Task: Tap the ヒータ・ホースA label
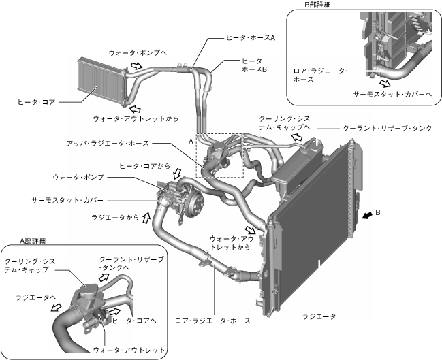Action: point(250,39)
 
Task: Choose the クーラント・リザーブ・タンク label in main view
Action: point(387,127)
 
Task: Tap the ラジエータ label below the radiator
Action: point(319,316)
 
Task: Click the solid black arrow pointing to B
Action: point(368,215)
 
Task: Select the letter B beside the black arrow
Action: point(386,213)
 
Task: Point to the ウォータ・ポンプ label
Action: point(79,177)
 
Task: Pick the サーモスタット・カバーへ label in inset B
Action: point(394,95)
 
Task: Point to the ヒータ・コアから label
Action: point(144,165)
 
